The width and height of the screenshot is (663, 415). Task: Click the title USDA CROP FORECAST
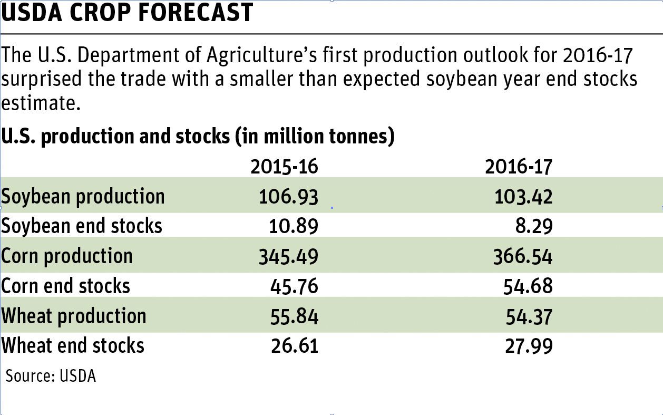click(127, 13)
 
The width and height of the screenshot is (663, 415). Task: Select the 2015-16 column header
click(284, 167)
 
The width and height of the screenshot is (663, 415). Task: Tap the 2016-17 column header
click(519, 167)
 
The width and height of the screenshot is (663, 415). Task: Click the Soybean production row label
click(83, 196)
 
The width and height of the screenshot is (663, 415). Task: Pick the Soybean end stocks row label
click(81, 226)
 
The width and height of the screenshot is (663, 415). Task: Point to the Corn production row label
click(67, 256)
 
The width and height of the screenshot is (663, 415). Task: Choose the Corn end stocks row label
click(65, 286)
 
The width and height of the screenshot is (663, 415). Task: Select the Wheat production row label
click(73, 316)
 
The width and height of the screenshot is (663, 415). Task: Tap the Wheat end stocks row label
click(72, 346)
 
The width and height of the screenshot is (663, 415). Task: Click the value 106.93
click(289, 197)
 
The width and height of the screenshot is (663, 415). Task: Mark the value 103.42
click(523, 197)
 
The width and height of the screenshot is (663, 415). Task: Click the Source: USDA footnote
click(51, 377)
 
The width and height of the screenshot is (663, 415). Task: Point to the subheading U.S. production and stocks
click(198, 137)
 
